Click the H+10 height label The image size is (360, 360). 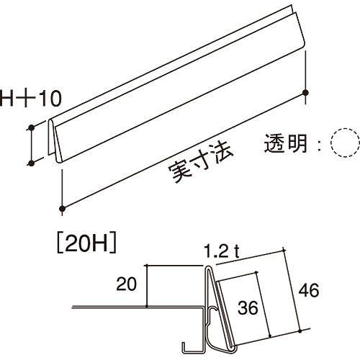tap(30, 98)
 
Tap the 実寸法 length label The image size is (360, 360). tap(201, 163)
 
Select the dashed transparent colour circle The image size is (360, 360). tap(345, 143)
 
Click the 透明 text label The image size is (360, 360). tap(286, 143)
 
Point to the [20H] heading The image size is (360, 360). tap(86, 245)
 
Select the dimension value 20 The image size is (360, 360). tap(126, 284)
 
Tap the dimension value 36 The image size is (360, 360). tap(248, 307)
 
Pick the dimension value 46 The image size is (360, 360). tap(309, 290)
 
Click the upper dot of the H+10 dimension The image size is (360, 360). tap(31, 127)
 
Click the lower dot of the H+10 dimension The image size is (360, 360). tap(31, 163)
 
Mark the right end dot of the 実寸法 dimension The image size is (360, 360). tap(305, 92)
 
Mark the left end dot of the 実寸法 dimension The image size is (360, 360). tap(63, 208)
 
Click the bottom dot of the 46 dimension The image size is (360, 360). tap(300, 331)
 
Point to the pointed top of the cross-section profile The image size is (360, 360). tap(208, 266)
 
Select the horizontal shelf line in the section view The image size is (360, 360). tap(138, 307)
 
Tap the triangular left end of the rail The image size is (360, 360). tap(55, 142)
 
